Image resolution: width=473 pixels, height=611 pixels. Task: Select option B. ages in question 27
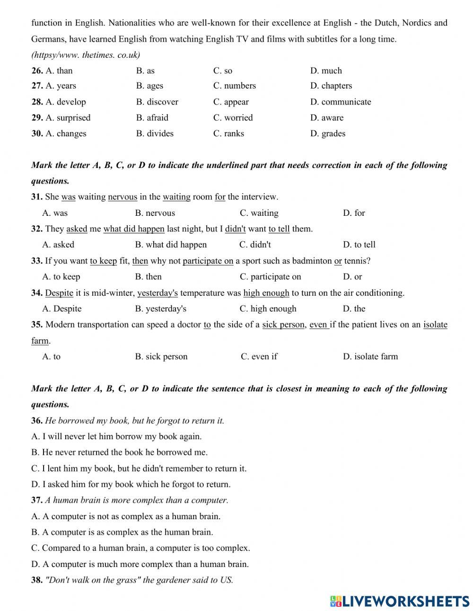pyautogui.click(x=149, y=86)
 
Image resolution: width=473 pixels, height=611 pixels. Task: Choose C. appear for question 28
pyautogui.click(x=231, y=102)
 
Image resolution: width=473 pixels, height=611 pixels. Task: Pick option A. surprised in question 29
pyautogui.click(x=68, y=117)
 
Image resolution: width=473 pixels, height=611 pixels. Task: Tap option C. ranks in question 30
pyautogui.click(x=228, y=133)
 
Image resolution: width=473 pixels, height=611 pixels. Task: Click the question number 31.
pyautogui.click(x=37, y=197)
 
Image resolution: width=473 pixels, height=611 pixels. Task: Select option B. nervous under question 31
pyautogui.click(x=155, y=213)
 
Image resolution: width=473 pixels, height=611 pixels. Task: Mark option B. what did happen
pyautogui.click(x=171, y=245)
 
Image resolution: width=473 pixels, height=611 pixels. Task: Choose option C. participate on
pyautogui.click(x=270, y=277)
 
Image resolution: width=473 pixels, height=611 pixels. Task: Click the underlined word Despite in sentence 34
pyautogui.click(x=59, y=293)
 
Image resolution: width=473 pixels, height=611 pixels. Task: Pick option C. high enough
pyautogui.click(x=268, y=309)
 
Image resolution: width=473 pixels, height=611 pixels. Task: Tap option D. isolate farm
pyautogui.click(x=370, y=356)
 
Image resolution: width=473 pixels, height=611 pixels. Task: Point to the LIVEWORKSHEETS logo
pyautogui.click(x=400, y=601)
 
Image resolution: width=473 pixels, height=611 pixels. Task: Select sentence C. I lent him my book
pyautogui.click(x=139, y=469)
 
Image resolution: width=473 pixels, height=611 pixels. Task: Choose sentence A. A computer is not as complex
pyautogui.click(x=126, y=516)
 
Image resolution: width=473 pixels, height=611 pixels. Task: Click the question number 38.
pyautogui.click(x=37, y=580)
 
